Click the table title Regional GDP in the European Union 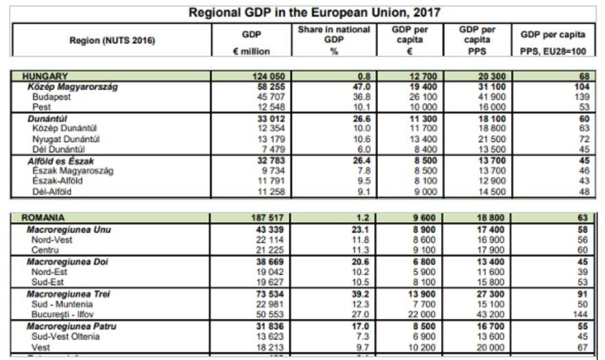(x=315, y=12)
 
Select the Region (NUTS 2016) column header (x=112, y=40)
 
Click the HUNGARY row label (x=45, y=76)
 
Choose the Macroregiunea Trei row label (x=67, y=293)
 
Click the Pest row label (x=41, y=107)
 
